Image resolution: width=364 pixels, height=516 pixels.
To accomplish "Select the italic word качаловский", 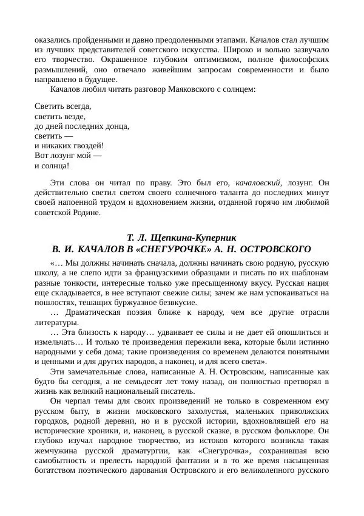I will pos(257,182).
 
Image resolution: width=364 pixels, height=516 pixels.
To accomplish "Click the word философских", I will pos(302,60).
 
